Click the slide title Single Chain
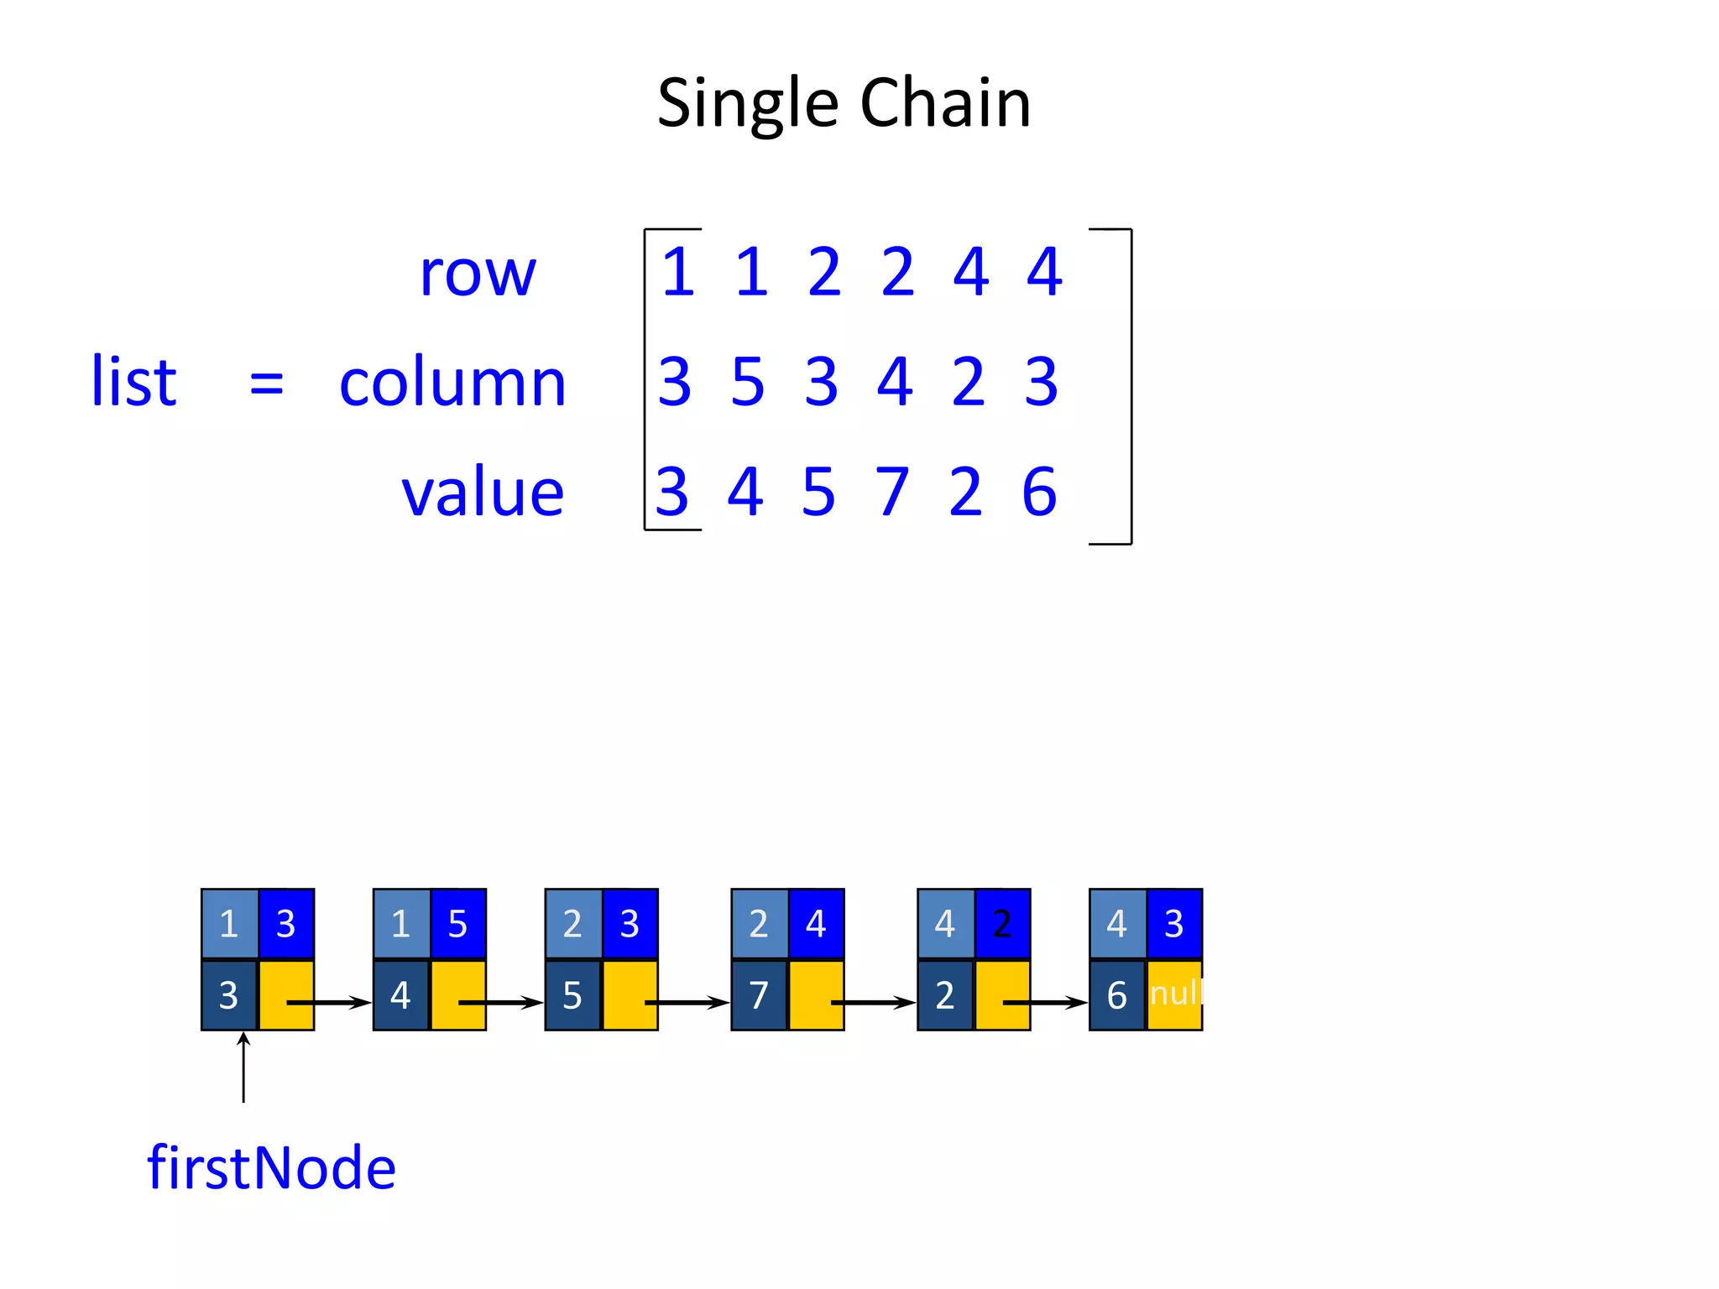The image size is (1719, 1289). click(844, 103)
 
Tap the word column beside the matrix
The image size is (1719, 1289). click(452, 383)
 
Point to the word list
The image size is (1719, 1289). click(133, 382)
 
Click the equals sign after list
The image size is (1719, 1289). click(267, 384)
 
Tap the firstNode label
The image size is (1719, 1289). click(271, 1167)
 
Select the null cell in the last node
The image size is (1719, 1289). click(1175, 994)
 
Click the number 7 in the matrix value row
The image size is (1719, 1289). click(892, 492)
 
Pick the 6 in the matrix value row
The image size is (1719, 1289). click(1039, 492)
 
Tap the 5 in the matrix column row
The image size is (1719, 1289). click(748, 382)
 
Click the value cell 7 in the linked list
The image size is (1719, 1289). click(759, 995)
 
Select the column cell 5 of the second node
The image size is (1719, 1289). click(457, 924)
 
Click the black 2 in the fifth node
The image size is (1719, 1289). click(1002, 924)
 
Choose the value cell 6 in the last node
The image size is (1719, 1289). click(1116, 995)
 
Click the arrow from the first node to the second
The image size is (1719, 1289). click(329, 1002)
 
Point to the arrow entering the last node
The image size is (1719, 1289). click(1046, 1002)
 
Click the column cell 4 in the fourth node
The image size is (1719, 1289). click(816, 924)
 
